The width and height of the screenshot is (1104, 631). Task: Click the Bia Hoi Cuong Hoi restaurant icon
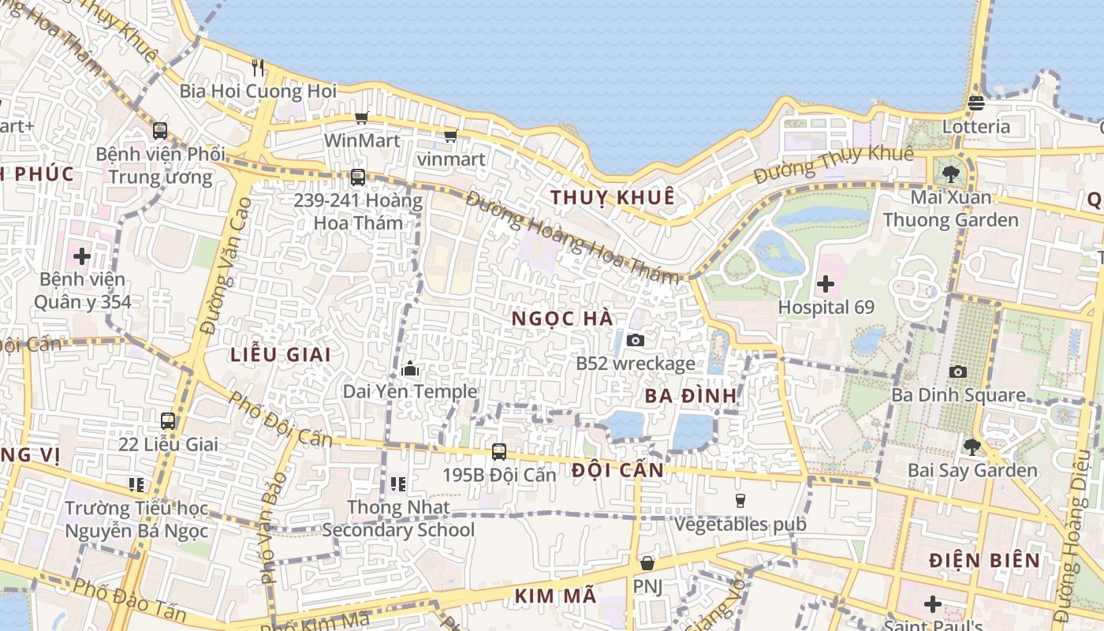pos(258,68)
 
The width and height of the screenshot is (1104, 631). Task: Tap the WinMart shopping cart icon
pos(361,118)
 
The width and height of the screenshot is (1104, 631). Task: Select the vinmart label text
pos(451,159)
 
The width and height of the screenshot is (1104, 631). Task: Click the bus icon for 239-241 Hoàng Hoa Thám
pos(358,177)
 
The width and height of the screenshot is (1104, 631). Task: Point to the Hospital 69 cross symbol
pos(826,283)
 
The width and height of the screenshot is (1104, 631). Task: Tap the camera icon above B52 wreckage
pos(635,340)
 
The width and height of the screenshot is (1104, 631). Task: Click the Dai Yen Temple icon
pos(409,368)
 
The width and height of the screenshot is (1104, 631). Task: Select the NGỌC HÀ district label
pos(562,318)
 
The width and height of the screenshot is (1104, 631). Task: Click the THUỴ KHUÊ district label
pos(613,197)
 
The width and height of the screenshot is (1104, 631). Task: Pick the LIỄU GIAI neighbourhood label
pos(281,354)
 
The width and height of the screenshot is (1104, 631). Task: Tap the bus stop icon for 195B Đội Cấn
pos(498,452)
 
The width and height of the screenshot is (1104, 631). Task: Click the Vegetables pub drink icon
pos(740,500)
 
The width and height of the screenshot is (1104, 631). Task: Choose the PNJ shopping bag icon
pos(647,563)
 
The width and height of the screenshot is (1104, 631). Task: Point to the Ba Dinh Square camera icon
pos(958,372)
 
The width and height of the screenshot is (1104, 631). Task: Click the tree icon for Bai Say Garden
pos(972,447)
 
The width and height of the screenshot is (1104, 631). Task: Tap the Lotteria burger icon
pos(976,103)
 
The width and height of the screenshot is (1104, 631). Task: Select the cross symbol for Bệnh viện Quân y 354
pos(82,256)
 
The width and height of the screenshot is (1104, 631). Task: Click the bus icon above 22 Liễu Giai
pos(168,421)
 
